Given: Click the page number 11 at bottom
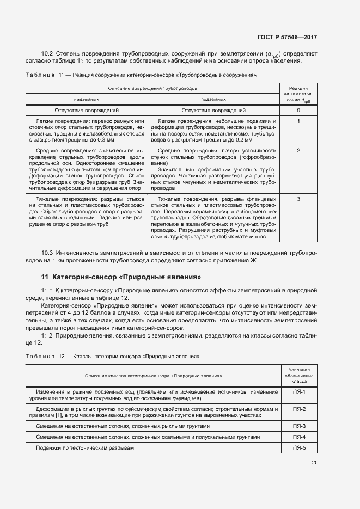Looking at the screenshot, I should tap(314, 463).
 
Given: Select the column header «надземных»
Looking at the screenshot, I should tap(86, 100).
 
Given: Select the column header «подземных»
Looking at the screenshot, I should tap(213, 100).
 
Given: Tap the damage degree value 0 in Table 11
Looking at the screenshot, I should tap(298, 111).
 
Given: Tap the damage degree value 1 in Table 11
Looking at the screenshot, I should tap(298, 121).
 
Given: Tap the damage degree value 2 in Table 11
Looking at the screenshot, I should tap(298, 150).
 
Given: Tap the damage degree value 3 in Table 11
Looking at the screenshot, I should tap(298, 199).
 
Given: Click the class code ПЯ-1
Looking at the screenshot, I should tap(299, 392).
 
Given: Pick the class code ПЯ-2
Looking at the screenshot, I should tap(299, 409).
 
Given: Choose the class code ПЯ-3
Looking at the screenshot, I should tap(299, 426).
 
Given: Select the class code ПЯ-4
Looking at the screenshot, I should tap(299, 437).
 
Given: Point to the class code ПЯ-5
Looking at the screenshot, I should tap(299, 447).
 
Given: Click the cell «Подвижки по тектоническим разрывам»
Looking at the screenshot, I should tap(85, 447).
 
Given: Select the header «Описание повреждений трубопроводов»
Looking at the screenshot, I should tap(152, 87).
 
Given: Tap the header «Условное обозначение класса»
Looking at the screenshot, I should tap(299, 376).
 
